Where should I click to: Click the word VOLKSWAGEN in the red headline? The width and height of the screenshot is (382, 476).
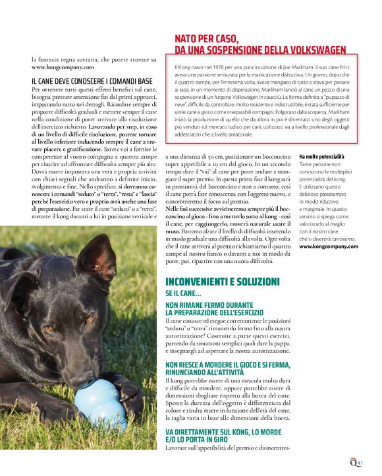tap(310, 49)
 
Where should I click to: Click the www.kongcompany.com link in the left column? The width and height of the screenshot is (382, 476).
tap(63, 67)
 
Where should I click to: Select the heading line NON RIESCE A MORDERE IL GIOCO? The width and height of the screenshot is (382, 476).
tap(228, 363)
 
